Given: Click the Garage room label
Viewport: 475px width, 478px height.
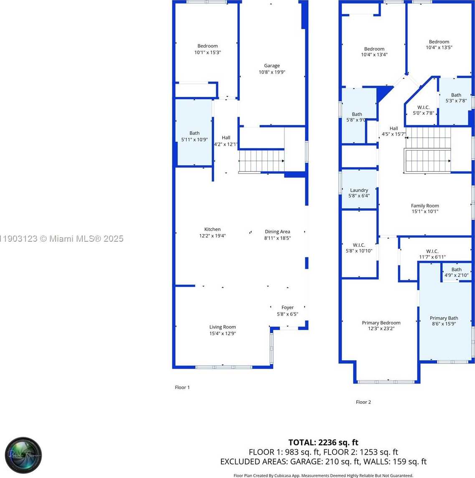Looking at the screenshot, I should (x=272, y=66).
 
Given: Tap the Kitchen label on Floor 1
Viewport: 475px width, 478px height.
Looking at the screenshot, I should (x=212, y=229).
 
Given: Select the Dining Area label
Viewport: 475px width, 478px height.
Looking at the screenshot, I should (x=277, y=232).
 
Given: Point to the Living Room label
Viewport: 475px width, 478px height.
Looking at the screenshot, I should (x=223, y=327).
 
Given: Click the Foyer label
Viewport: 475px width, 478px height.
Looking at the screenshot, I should (x=287, y=308).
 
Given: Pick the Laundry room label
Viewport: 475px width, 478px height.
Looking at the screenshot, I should (x=359, y=190).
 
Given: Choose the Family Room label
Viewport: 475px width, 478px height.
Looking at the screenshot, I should (x=425, y=206).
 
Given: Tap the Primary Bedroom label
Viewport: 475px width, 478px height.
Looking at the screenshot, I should (x=381, y=323).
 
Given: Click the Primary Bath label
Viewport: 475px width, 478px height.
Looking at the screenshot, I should (x=444, y=318).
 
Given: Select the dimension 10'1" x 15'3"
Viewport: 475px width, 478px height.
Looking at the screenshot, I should (x=208, y=53).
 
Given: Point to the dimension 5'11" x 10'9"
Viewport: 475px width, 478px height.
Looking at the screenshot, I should (x=195, y=139).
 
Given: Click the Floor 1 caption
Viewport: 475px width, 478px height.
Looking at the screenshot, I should (x=182, y=387).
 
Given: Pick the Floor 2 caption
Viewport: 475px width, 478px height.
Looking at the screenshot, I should (x=363, y=402).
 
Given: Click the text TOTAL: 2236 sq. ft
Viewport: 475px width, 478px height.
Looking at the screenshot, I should (x=323, y=443).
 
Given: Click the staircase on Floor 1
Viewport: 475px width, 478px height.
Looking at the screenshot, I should (x=261, y=161).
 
